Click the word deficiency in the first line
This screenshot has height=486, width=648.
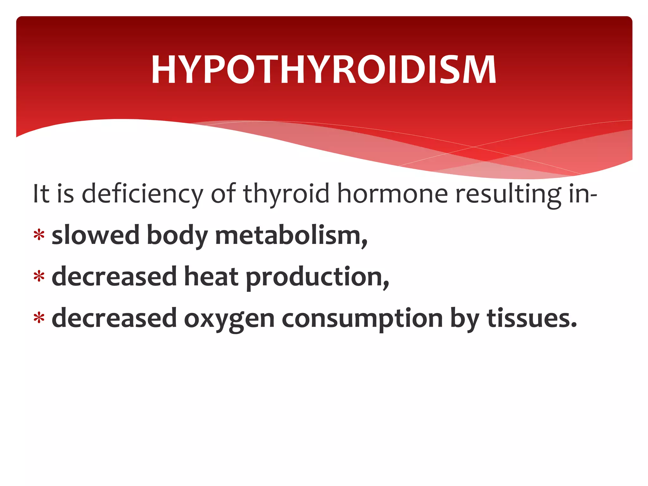(x=142, y=194)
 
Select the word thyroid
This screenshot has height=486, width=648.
(x=286, y=194)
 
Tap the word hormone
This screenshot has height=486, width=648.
(x=392, y=194)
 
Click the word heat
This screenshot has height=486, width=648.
(x=211, y=277)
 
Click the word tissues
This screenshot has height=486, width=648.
(x=532, y=318)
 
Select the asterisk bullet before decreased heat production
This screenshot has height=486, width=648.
(x=39, y=276)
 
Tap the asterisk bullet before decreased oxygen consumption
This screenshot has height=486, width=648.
(x=39, y=318)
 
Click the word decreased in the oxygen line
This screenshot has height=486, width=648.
(x=114, y=318)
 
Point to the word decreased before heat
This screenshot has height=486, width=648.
(x=114, y=277)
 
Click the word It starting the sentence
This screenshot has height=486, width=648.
(x=41, y=194)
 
